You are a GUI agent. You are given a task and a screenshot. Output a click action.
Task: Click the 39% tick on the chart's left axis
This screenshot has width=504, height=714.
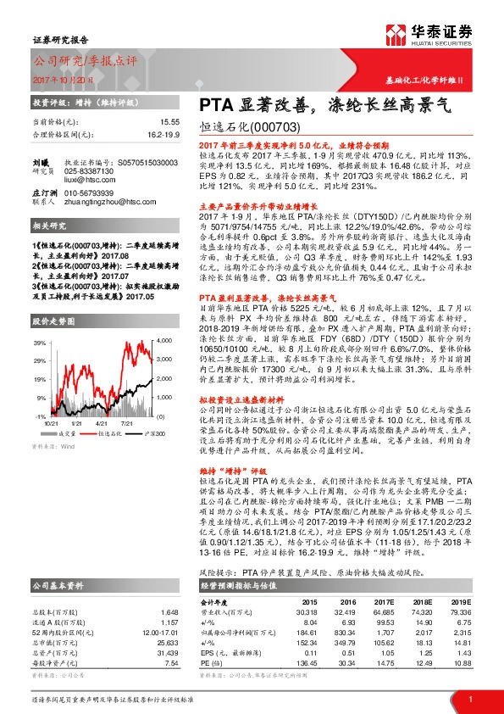[x=40, y=343]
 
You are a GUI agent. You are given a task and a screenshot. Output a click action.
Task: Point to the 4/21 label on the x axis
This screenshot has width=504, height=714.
[x=101, y=422]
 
